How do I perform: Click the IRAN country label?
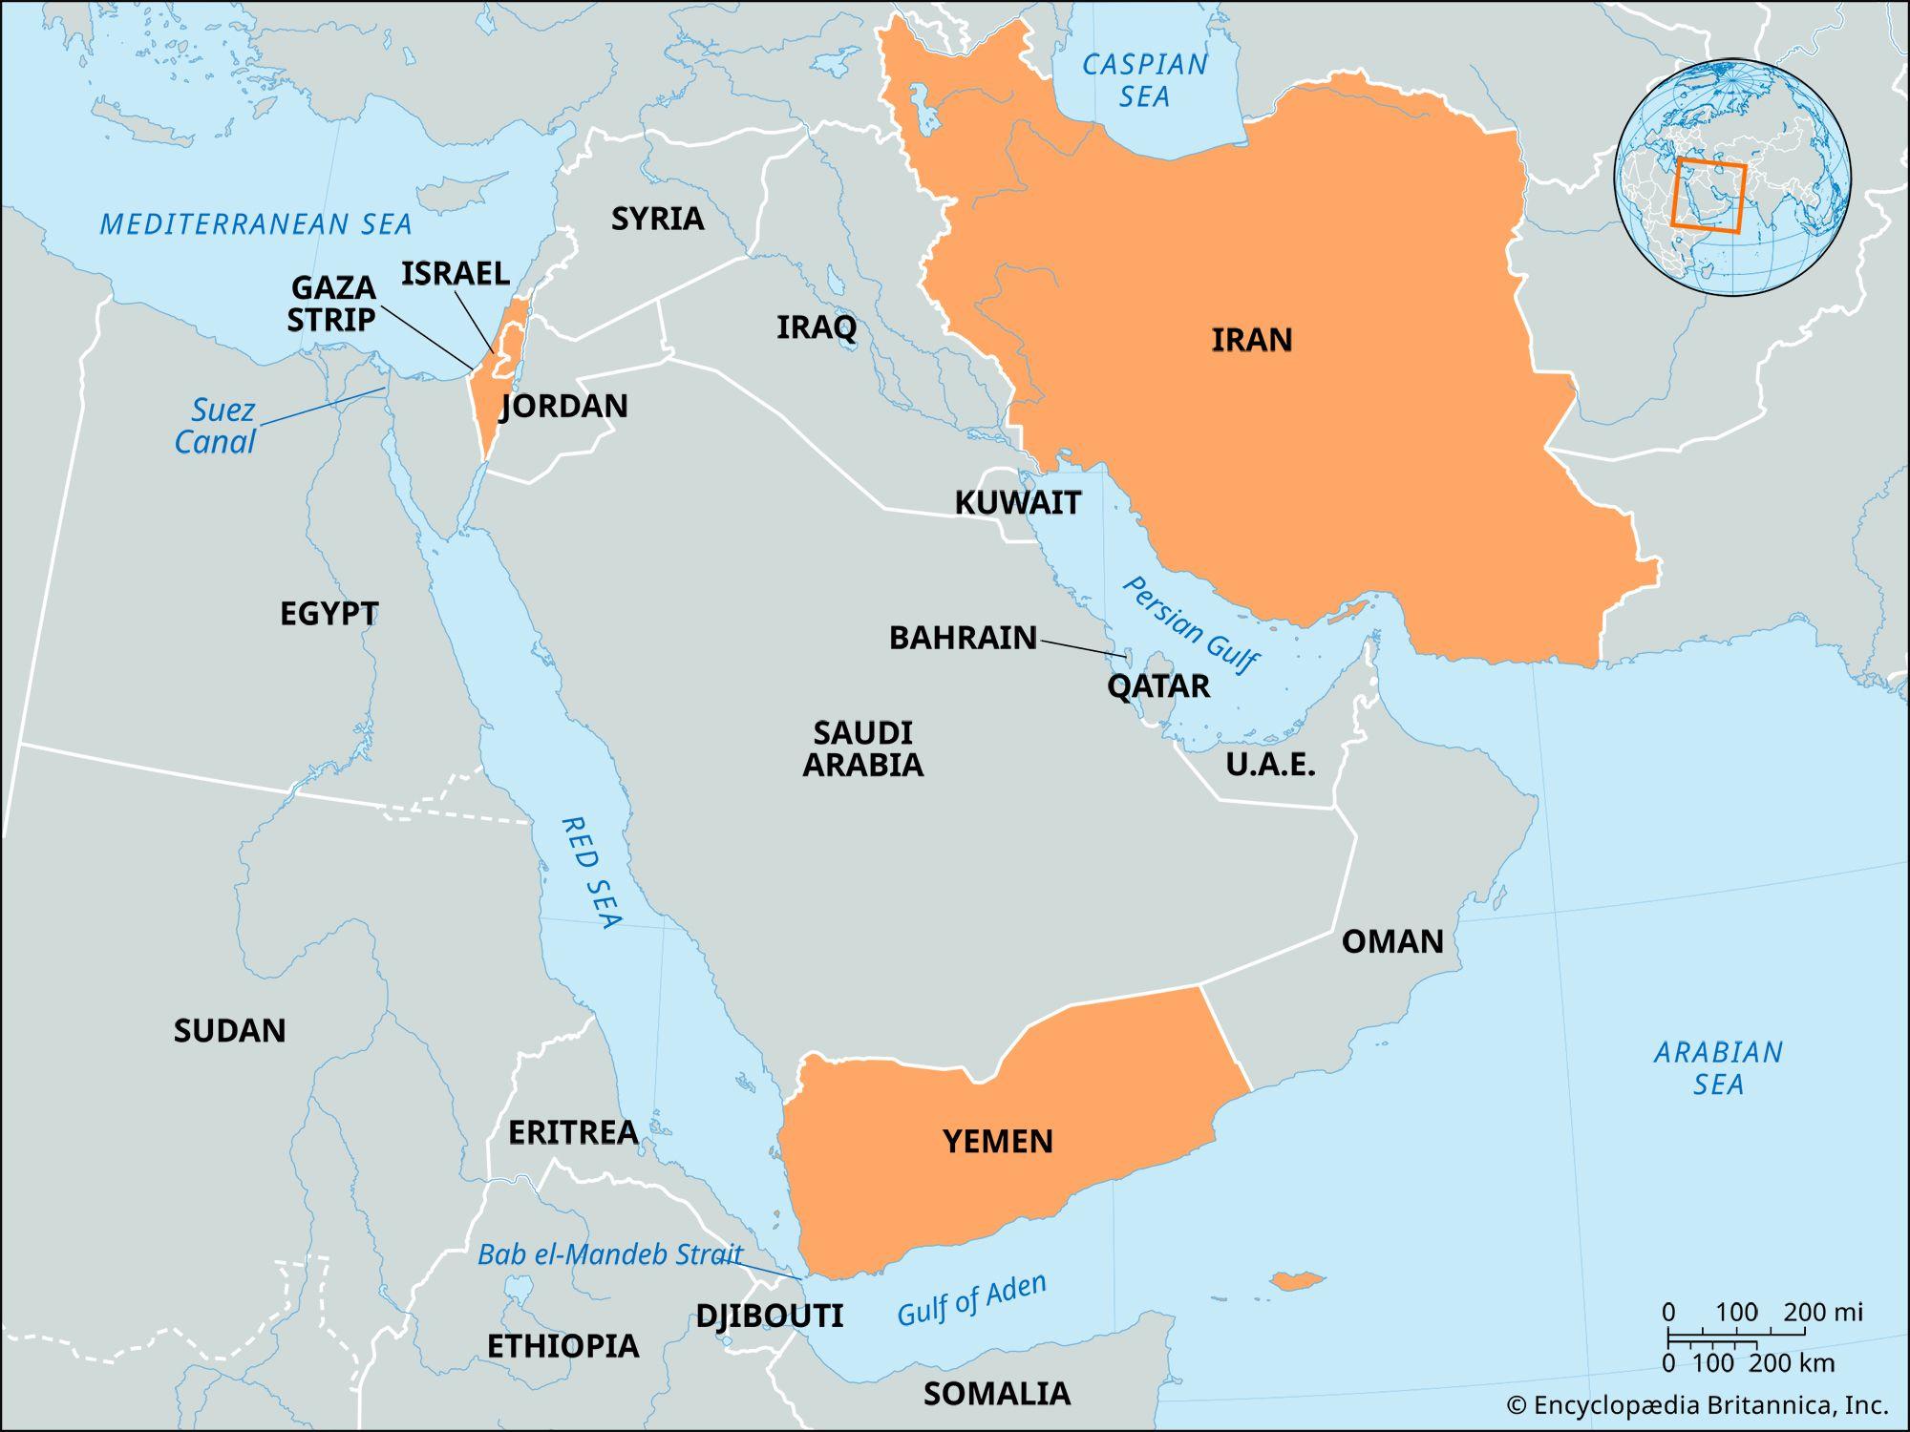click(1251, 340)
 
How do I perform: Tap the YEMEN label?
click(998, 1141)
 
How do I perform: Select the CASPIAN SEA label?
click(1144, 80)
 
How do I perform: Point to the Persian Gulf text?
click(1190, 624)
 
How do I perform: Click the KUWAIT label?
click(1018, 502)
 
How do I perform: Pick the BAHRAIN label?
click(963, 638)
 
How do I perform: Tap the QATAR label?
click(1158, 685)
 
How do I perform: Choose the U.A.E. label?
click(1270, 765)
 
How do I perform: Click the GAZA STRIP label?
click(332, 303)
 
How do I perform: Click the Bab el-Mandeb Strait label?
click(609, 1253)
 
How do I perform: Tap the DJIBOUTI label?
click(769, 1316)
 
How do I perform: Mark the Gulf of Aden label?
click(971, 1300)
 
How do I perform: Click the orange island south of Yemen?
click(1296, 1280)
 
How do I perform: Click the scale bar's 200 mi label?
click(1822, 1312)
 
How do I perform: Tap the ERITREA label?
click(573, 1132)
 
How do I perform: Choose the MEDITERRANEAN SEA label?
click(256, 224)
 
